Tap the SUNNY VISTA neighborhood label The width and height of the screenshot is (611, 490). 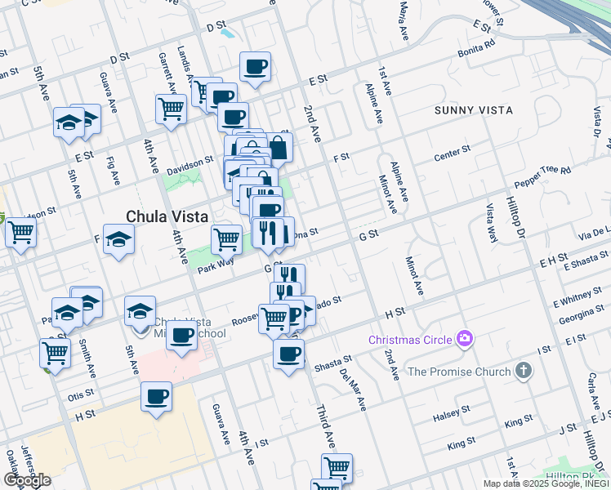(474, 110)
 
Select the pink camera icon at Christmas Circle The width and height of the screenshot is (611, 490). (466, 338)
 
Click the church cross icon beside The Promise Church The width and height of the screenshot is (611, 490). (523, 372)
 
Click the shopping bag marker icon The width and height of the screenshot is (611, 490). (278, 147)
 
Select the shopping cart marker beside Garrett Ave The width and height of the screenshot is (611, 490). (171, 108)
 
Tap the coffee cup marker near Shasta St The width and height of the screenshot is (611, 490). (288, 354)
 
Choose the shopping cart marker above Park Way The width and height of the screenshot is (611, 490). (227, 238)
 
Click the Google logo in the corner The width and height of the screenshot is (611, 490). (28, 480)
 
